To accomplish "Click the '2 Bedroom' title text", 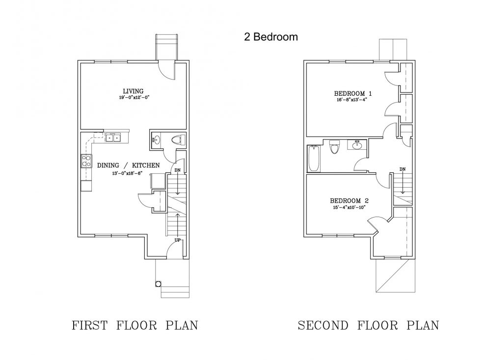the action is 271,37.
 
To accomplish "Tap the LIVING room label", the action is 133,91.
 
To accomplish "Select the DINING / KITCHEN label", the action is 128,166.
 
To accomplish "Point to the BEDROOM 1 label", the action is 353,93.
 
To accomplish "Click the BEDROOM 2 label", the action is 349,201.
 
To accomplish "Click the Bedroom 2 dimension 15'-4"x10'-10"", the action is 349,207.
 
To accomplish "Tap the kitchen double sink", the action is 113,138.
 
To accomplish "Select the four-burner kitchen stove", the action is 86,161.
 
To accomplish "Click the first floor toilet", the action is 178,140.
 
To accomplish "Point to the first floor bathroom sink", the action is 156,139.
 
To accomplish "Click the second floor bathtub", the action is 314,159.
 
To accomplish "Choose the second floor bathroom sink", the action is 357,144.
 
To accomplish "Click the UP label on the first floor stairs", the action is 178,240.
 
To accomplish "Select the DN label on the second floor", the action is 403,169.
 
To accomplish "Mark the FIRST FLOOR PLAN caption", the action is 135,325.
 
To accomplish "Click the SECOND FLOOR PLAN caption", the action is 369,325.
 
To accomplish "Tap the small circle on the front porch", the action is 158,284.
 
